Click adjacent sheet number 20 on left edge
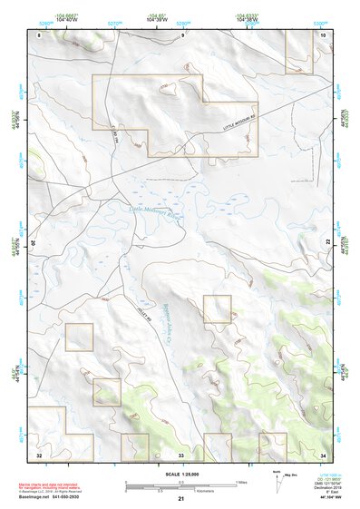click(x=34, y=244)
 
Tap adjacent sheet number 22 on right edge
click(x=328, y=244)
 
